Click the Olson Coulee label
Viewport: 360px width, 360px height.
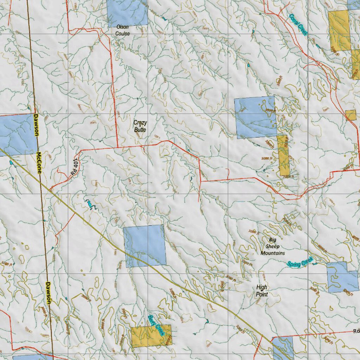tap(122, 30)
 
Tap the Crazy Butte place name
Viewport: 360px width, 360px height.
tap(140, 126)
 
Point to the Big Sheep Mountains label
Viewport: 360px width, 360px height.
tap(272, 246)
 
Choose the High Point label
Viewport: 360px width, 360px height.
tap(262, 291)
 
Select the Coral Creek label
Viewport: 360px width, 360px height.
tap(298, 24)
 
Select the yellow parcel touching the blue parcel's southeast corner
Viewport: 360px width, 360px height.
tap(283, 155)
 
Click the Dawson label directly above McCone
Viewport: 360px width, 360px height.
tap(36, 125)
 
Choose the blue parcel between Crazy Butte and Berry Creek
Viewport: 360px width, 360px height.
tap(145, 245)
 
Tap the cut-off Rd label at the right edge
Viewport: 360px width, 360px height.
tap(356, 331)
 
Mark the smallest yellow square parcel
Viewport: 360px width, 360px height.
tap(351, 115)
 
